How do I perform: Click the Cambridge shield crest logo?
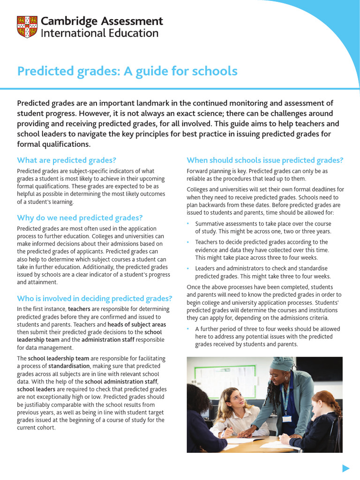[x=27, y=27]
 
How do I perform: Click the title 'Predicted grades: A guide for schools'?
[x=127, y=71]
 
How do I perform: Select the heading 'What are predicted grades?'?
[x=67, y=160]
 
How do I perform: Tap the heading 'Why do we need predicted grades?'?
[x=80, y=217]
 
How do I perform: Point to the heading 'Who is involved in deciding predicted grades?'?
[x=95, y=298]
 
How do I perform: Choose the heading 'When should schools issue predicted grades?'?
[x=265, y=160]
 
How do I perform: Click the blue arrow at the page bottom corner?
[x=346, y=467]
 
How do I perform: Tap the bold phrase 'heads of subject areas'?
[x=137, y=324]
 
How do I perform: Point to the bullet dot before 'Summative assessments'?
[x=188, y=224]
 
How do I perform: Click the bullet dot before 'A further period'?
[x=188, y=329]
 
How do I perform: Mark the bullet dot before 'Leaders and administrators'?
[x=188, y=269]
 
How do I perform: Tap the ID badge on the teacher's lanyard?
[x=286, y=418]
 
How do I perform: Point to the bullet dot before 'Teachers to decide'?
[x=188, y=242]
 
